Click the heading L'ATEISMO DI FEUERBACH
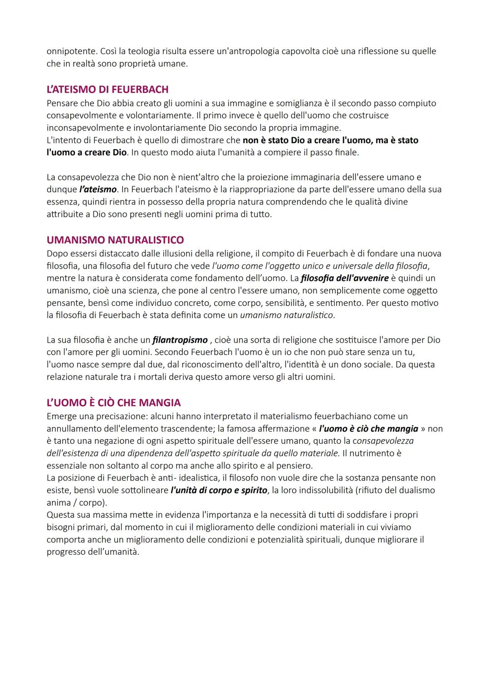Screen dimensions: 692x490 click(x=108, y=89)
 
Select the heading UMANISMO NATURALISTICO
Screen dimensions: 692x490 click(x=115, y=240)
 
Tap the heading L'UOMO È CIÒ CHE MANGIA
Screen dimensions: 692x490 click(x=113, y=402)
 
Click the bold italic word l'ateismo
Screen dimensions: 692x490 click(x=98, y=189)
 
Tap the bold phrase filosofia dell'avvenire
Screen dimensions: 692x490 click(x=344, y=278)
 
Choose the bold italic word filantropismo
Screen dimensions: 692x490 click(x=180, y=340)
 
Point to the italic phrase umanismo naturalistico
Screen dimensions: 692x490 click(x=287, y=315)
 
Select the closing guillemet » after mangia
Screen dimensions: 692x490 click(x=423, y=429)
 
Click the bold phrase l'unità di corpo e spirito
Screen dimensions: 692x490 click(x=219, y=490)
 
